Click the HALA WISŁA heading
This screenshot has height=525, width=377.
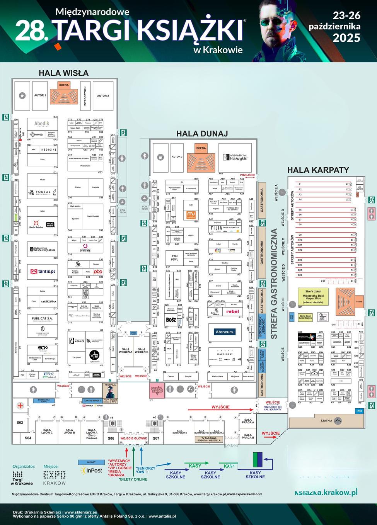click(64, 73)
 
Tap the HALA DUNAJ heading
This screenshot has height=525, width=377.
click(202, 134)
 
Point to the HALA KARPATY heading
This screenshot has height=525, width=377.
click(318, 170)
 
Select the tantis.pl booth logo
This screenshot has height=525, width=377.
click(43, 272)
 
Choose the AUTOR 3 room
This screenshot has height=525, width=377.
click(177, 157)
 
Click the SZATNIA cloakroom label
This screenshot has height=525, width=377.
click(327, 421)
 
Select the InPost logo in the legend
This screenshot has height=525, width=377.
click(91, 471)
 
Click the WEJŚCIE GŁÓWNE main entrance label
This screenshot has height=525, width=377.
click(134, 438)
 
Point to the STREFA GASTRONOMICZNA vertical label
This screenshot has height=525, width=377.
click(274, 284)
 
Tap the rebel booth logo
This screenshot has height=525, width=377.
click(232, 311)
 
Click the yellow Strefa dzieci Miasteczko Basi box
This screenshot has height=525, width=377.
click(314, 298)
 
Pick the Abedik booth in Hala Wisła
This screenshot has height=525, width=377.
click(42, 124)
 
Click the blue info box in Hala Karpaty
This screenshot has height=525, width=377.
click(359, 411)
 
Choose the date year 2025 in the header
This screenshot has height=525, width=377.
click(346, 38)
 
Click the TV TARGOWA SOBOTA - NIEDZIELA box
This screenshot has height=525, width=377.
click(209, 440)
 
